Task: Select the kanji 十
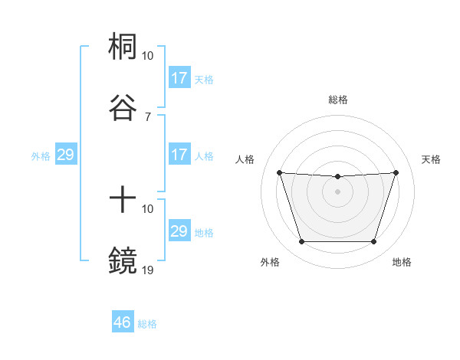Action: point(123,200)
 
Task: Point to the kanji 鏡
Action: point(123,260)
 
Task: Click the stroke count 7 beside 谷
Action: point(148,116)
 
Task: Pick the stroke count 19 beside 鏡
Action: point(148,270)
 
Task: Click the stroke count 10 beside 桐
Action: point(148,56)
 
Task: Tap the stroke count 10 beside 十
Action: point(148,208)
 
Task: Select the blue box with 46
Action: point(123,322)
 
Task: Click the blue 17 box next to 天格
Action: point(179,78)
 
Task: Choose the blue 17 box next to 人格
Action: point(179,155)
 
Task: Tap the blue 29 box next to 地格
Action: point(179,231)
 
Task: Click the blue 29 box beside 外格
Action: point(66,155)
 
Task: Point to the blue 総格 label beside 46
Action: point(147,324)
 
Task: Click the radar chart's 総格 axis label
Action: point(337,100)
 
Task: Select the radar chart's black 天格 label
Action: point(432,159)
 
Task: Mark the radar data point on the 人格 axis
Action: point(279,172)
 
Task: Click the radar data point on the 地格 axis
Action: point(373,242)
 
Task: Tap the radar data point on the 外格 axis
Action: point(301,242)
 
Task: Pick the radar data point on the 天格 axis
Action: point(396,172)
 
